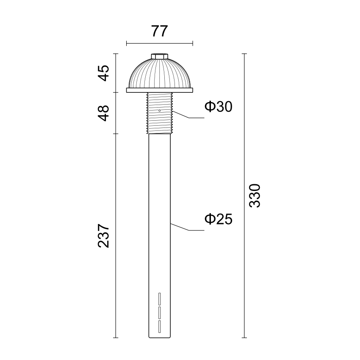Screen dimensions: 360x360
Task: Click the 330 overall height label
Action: (x=255, y=196)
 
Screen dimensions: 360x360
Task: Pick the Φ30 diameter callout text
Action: (x=219, y=107)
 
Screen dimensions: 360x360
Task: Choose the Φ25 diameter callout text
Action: (x=219, y=219)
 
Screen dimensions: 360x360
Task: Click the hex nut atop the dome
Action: (x=160, y=56)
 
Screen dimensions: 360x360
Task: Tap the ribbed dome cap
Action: (x=160, y=73)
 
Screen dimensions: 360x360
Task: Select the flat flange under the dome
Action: (x=160, y=90)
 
